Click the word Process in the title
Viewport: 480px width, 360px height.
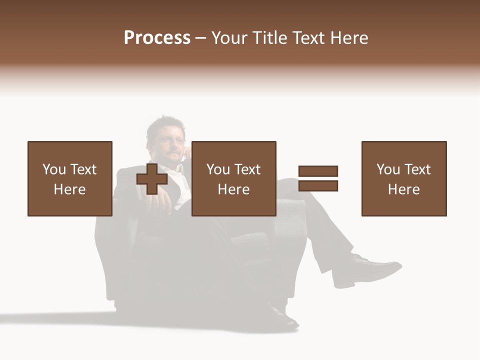[157, 38]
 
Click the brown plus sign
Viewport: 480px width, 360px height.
[152, 179]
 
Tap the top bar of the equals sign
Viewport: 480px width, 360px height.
[318, 171]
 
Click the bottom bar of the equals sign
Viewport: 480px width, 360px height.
[318, 186]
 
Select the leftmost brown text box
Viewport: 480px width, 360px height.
[70, 178]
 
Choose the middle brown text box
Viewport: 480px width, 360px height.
[233, 178]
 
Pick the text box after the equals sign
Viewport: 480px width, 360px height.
[404, 178]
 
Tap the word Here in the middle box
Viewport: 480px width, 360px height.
[233, 189]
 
